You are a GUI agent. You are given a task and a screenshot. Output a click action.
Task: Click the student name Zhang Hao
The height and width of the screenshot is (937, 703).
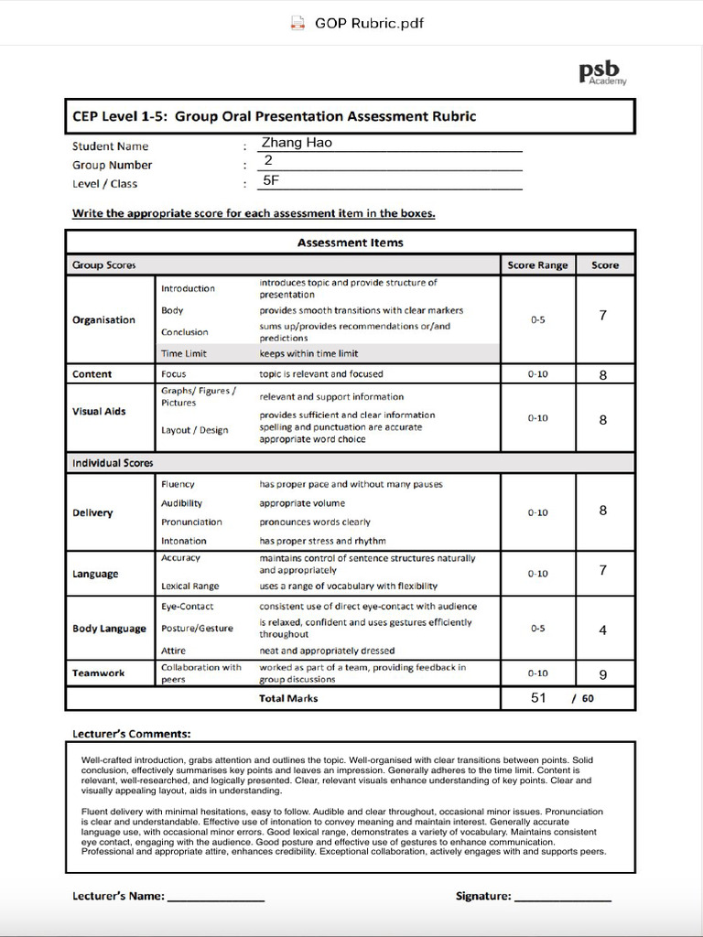coord(297,143)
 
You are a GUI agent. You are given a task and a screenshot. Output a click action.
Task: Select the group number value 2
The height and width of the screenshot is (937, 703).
coord(268,161)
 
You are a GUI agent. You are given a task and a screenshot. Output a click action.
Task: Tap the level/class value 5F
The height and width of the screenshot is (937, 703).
coord(271,181)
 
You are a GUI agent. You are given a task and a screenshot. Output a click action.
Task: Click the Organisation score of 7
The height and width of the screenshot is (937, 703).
coord(603,316)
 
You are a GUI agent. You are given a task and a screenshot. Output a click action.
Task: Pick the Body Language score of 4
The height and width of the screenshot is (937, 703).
coord(603,630)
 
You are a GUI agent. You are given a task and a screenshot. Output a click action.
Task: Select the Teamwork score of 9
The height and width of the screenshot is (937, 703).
coord(603,675)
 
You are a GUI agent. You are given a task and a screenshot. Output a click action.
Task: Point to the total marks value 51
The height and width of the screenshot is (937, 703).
coord(538,698)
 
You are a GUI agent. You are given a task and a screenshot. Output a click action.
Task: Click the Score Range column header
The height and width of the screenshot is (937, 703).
coord(537,265)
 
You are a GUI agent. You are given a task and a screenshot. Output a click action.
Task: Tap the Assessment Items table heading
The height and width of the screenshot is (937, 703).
coord(350,242)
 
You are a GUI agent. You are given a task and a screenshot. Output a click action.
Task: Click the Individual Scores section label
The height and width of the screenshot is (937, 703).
coord(113,463)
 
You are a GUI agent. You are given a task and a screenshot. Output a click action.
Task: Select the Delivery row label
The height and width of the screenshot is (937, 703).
coord(92,513)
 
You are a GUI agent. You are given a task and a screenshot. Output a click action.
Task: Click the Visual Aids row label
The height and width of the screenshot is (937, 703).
coord(99,412)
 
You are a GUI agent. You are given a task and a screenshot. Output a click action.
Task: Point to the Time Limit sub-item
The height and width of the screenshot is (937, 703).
coord(184,354)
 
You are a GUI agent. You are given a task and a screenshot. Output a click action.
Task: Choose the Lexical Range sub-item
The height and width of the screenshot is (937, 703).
coord(190,586)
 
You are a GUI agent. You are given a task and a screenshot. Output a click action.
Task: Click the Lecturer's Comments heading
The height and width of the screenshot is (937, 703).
coord(131,734)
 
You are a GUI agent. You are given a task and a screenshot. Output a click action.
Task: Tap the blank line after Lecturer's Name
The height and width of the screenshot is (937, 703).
coord(216,899)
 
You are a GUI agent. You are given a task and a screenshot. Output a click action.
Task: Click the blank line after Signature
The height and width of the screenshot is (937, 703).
coord(562,899)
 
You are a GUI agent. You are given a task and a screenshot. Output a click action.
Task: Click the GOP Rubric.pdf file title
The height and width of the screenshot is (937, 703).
coord(368,23)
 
